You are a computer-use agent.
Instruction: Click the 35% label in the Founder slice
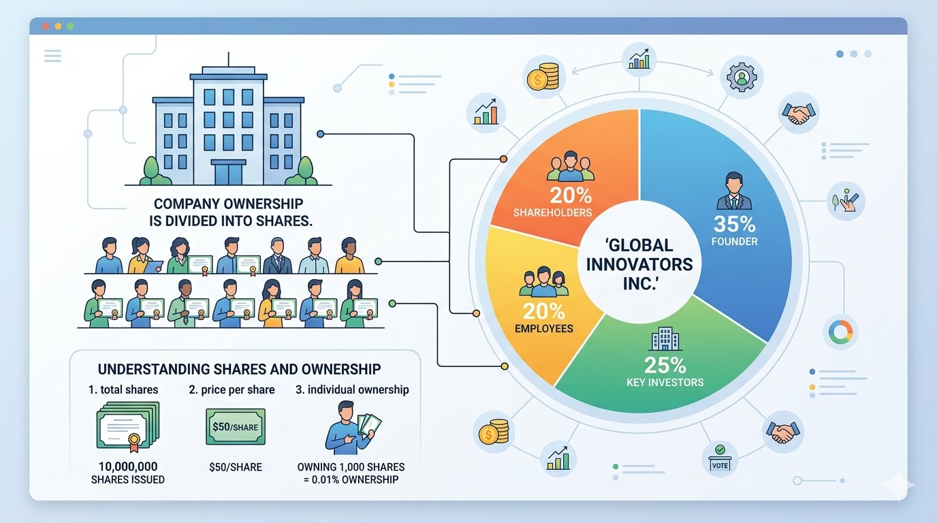pyautogui.click(x=735, y=224)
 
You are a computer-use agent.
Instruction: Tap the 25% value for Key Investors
pyautogui.click(x=665, y=365)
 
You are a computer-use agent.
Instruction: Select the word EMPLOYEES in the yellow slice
pyautogui.click(x=544, y=328)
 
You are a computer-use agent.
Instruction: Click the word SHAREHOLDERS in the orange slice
pyautogui.click(x=552, y=212)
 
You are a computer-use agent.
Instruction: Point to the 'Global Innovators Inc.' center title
pyautogui.click(x=639, y=264)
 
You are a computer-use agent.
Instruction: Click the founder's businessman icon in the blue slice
pyautogui.click(x=734, y=191)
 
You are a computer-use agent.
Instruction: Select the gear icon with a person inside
pyautogui.click(x=742, y=77)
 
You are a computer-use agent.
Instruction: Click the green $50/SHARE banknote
pyautogui.click(x=236, y=427)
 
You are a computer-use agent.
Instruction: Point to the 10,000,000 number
pyautogui.click(x=128, y=466)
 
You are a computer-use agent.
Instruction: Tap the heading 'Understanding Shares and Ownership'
pyautogui.click(x=239, y=369)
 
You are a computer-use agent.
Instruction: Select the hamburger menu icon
pyautogui.click(x=52, y=56)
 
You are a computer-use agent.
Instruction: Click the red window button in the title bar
pyautogui.click(x=46, y=27)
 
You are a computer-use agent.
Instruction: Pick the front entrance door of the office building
pyautogui.click(x=228, y=172)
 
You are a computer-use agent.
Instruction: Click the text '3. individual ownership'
pyautogui.click(x=352, y=390)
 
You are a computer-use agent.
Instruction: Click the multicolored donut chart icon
pyautogui.click(x=840, y=332)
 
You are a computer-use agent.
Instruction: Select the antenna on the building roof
pyautogui.click(x=228, y=59)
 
